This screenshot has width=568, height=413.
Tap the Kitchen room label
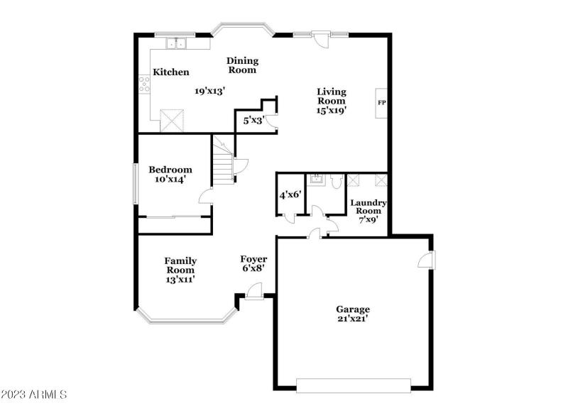tap(171, 72)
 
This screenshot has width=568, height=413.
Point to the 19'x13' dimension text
tap(209, 91)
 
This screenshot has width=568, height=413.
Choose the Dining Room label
tap(242, 65)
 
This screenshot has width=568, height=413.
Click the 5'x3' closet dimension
tap(253, 121)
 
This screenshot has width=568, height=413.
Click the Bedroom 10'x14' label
tap(170, 175)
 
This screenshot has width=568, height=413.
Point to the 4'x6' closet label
tap(290, 194)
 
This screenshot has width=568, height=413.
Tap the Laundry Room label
tap(368, 211)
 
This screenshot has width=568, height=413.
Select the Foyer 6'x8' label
tap(253, 264)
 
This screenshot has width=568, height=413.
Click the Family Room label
tap(180, 270)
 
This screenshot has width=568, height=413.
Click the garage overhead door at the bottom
tap(353, 386)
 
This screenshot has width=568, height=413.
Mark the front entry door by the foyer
tap(253, 291)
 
